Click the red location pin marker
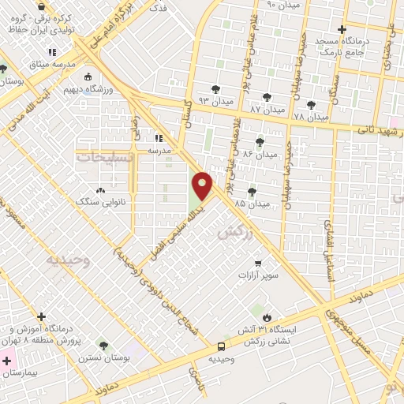point(203,185)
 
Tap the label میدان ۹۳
point(216,102)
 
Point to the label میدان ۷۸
point(310,117)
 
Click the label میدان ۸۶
point(260,154)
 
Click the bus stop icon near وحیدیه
point(222,346)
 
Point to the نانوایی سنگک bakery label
point(100,203)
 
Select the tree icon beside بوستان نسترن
point(103,345)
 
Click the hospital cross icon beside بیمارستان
point(7,361)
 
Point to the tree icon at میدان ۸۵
point(252,191)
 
